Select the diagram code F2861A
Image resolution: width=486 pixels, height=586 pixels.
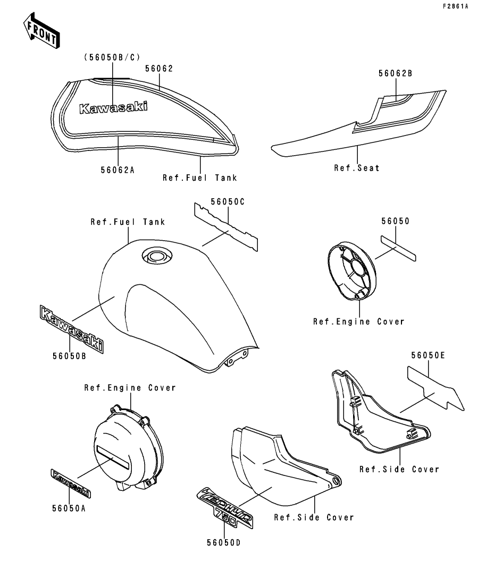(455, 6)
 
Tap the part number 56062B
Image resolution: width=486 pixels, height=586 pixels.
(396, 73)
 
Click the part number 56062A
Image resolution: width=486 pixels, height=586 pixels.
(118, 170)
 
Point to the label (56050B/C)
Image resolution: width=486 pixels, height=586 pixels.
(112, 57)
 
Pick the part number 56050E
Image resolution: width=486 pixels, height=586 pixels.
(429, 355)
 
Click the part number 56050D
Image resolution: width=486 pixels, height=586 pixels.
(224, 542)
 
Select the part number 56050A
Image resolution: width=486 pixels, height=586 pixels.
(69, 508)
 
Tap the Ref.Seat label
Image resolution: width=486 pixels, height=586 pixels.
(357, 168)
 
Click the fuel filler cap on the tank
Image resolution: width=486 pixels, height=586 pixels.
(157, 257)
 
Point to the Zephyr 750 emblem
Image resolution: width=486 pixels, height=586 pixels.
(224, 507)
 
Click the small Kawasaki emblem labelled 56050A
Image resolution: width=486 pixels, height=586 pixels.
(70, 483)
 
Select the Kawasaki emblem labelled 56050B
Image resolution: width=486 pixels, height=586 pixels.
(71, 328)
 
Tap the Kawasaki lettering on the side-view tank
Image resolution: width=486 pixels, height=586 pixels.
(113, 108)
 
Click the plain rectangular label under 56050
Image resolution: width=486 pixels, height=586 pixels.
(398, 248)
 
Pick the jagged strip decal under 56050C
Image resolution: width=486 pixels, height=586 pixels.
(226, 226)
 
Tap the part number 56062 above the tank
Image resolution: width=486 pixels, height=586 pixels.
(159, 69)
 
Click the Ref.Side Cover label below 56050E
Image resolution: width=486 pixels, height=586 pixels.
(399, 470)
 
